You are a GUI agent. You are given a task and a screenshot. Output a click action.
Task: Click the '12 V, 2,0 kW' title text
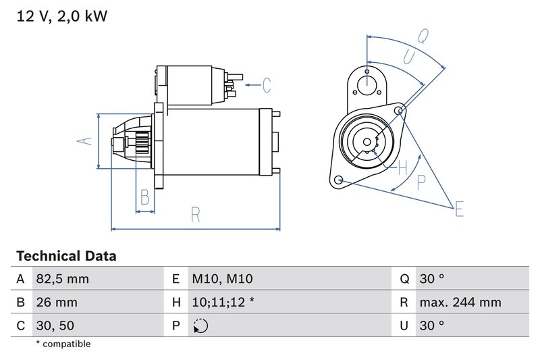click(61, 16)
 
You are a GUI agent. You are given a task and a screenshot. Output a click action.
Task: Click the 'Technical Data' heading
click(66, 256)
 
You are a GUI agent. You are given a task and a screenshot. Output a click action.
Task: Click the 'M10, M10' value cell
click(222, 279)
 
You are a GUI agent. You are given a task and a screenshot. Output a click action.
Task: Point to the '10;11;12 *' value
click(223, 303)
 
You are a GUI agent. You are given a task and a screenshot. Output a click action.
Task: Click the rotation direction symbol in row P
click(200, 326)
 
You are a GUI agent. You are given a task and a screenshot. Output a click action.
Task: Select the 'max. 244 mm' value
click(460, 303)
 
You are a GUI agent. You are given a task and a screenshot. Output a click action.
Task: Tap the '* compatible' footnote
click(63, 344)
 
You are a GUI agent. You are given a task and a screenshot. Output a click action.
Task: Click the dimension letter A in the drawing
click(84, 141)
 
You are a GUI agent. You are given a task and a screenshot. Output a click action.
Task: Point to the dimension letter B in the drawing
click(144, 197)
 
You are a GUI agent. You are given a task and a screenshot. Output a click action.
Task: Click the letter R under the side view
click(195, 215)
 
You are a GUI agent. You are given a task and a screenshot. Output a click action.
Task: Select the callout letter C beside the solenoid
click(267, 85)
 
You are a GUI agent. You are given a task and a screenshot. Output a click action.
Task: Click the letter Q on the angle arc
click(423, 36)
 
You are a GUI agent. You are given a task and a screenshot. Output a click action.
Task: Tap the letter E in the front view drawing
click(459, 209)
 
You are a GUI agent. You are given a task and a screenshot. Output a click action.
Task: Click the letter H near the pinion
click(402, 167)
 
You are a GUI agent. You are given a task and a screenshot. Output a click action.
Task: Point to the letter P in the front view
click(422, 181)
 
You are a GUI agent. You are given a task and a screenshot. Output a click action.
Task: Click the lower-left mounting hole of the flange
click(339, 180)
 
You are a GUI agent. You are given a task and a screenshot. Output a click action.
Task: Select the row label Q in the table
click(404, 279)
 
